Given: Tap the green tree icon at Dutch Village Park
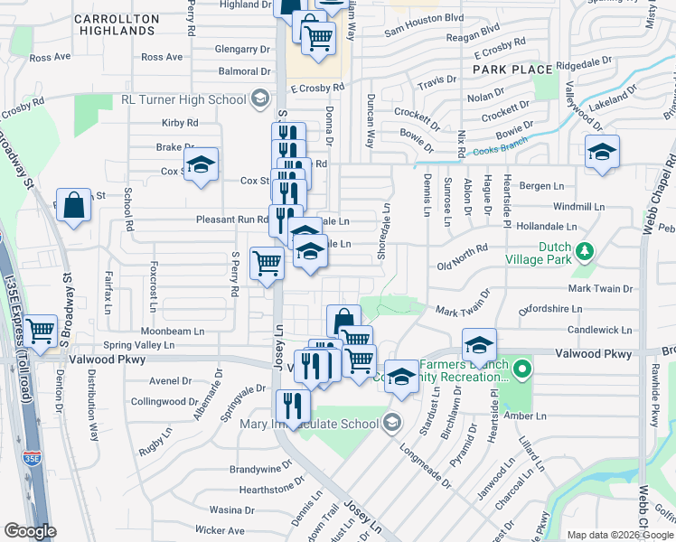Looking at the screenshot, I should [x=586, y=248].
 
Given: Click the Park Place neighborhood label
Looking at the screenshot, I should [x=512, y=70].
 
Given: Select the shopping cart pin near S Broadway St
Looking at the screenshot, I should [x=40, y=331].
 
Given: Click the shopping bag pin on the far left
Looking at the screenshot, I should [x=74, y=204].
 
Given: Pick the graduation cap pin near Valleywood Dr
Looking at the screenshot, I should [x=601, y=152].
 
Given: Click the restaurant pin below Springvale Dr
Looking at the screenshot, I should [x=291, y=405].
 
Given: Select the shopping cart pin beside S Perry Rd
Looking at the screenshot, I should [x=267, y=264].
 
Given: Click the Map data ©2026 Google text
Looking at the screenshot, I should [x=619, y=534].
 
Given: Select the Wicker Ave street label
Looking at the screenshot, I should [x=220, y=530].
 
